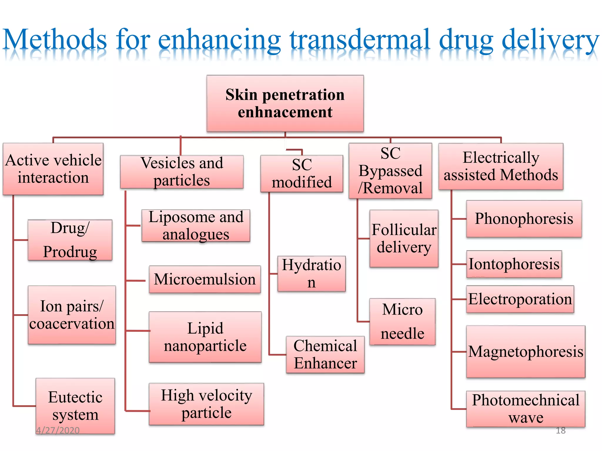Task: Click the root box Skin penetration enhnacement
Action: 285,103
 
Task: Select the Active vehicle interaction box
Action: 53,169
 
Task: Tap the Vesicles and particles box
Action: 182,172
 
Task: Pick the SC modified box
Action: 302,174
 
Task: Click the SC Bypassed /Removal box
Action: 390,171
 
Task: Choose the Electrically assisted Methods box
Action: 501,166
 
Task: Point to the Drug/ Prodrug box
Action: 70,240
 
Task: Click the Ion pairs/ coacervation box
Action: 72,315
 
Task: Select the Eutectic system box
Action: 75,406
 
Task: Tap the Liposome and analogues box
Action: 196,225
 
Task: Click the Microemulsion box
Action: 205,279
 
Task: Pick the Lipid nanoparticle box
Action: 205,337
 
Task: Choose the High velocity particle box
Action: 206,404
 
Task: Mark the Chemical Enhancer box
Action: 325,355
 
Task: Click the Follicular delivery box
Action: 404,238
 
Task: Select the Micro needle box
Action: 402,322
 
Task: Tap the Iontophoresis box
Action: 514,264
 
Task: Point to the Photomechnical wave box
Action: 526,409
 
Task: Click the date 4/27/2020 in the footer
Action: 58,430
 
